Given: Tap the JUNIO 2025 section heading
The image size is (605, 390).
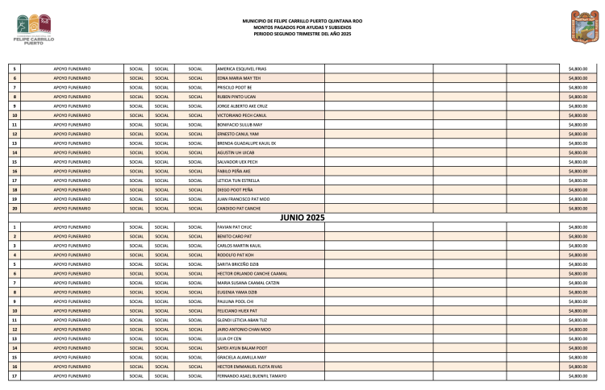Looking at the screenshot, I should click(302, 218).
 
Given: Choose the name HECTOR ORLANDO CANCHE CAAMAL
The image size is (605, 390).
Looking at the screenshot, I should click(252, 273).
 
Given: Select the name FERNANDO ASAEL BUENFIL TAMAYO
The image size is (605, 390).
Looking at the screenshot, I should click(252, 375).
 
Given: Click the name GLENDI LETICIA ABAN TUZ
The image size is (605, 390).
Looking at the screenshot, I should click(243, 320).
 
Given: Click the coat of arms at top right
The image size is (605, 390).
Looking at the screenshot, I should click(580, 26).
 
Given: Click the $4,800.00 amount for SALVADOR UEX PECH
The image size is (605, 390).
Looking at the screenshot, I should click(578, 161).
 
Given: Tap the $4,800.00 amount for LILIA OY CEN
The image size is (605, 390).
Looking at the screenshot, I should click(578, 338).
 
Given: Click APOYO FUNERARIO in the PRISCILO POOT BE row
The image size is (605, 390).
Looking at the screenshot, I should click(72, 87).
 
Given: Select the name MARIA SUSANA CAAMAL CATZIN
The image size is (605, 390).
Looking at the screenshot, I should click(248, 283).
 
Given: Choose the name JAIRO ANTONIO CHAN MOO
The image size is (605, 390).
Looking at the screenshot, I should click(244, 329).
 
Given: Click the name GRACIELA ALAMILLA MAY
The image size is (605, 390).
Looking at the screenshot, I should click(240, 357).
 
